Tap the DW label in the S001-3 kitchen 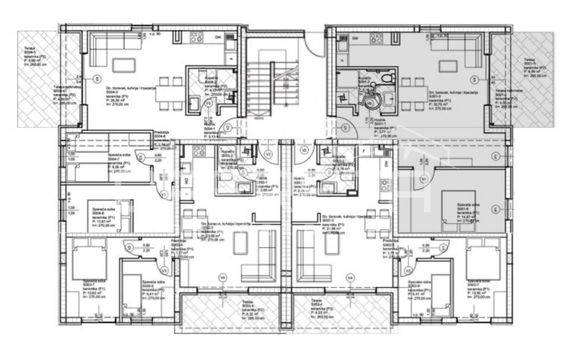pyautogui.click(x=355, y=38)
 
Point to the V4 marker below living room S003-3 pyautogui.click(x=222, y=277)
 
